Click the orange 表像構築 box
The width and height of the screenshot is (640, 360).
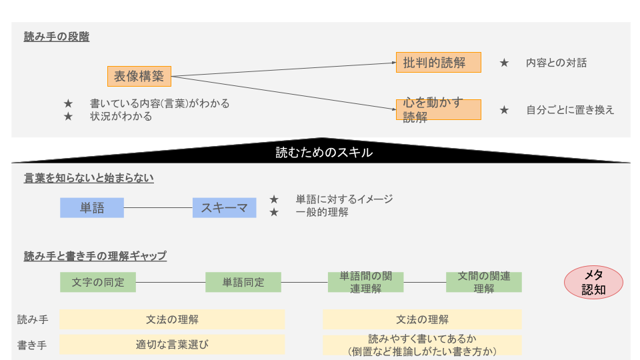[139, 76]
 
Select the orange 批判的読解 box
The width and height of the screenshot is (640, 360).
[439, 63]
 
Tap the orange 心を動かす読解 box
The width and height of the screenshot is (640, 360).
[439, 110]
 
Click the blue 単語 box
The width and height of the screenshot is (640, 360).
[92, 208]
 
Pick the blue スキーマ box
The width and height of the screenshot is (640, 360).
[225, 208]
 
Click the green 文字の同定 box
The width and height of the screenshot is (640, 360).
[98, 282]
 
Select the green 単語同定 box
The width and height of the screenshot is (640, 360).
[243, 282]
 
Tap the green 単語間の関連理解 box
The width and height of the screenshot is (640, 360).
[366, 282]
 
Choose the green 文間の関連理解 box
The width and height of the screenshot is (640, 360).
[484, 282]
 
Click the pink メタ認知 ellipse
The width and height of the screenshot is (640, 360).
[593, 283]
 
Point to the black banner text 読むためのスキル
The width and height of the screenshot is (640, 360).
[324, 153]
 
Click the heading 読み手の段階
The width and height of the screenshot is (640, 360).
[56, 37]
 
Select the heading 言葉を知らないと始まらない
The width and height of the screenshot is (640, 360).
[89, 178]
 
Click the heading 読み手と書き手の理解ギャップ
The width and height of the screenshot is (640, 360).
[95, 256]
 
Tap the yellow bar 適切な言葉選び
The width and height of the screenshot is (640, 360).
[172, 345]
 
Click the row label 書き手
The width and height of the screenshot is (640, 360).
[32, 345]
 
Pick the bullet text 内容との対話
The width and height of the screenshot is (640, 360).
[556, 63]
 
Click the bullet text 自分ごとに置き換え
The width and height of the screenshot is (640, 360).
[570, 110]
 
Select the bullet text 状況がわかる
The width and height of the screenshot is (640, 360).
[121, 117]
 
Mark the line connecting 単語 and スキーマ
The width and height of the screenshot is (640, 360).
[158, 208]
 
